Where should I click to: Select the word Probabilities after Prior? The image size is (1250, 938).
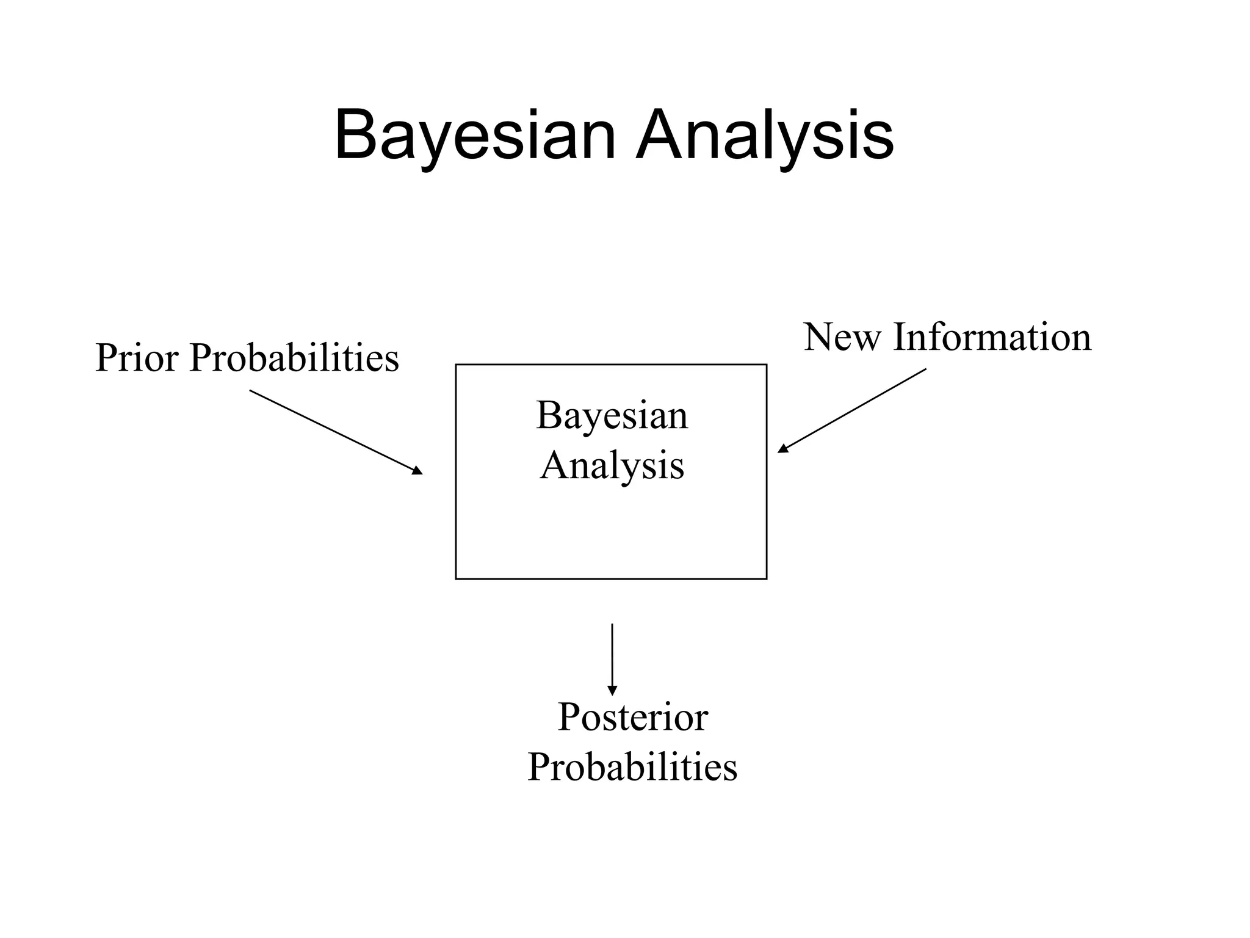[294, 358]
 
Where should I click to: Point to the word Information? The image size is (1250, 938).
[992, 337]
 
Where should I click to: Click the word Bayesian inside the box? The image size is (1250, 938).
[612, 416]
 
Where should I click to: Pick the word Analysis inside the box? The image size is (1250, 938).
[612, 465]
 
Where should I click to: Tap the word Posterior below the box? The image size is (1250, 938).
[632, 718]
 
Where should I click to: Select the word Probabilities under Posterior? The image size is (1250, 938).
[632, 767]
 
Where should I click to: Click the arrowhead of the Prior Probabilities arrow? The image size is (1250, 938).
[417, 470]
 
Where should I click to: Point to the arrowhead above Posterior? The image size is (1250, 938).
[612, 691]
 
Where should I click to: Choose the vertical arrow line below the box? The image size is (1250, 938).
[612, 656]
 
